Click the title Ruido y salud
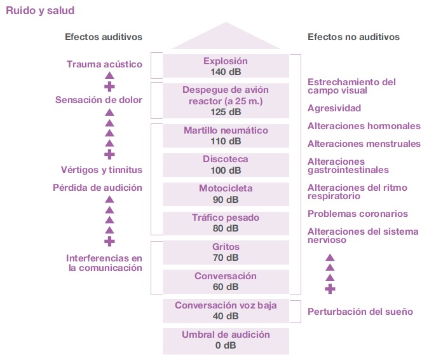pos(40,10)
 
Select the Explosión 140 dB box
pos(226,66)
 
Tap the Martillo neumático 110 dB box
pos(226,135)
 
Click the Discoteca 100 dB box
pos(226,165)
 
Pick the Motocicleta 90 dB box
pos(226,194)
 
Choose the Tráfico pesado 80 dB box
pos(226,223)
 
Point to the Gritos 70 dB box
pos(226,253)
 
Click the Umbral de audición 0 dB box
pos(226,340)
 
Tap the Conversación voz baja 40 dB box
pos(226,311)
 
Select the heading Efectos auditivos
pos(104,37)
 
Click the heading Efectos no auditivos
pos(353,37)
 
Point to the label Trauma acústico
pos(104,64)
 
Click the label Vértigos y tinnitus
pos(102,170)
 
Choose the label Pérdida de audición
pos(97,188)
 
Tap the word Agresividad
pos(334,108)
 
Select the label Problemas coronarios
pos(358,214)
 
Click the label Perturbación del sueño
pos(360,312)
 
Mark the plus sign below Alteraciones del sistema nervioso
pos(330,289)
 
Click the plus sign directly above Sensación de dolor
pos(109,87)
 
